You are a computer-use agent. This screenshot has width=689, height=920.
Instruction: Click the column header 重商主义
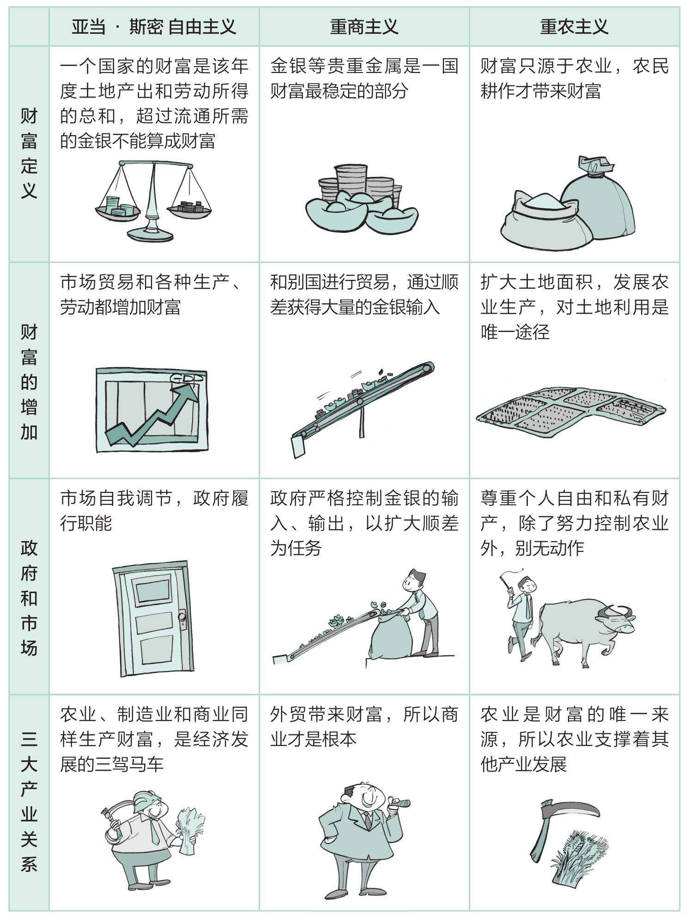tap(364, 27)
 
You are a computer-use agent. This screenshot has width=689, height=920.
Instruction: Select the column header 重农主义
tap(574, 27)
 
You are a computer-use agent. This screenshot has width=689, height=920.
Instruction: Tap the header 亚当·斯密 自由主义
tap(154, 27)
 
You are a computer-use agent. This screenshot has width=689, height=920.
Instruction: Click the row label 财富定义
tap(29, 154)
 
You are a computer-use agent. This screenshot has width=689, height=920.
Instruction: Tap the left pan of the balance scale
tap(117, 210)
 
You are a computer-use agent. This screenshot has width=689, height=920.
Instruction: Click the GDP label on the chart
tap(187, 378)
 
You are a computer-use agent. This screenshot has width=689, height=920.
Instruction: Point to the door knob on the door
tap(182, 617)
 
